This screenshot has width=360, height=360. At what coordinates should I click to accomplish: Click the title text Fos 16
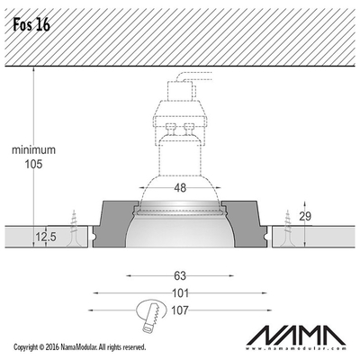point(31,25)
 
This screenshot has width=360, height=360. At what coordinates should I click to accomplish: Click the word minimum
point(33,149)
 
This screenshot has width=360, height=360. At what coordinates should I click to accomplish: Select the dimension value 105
point(33,164)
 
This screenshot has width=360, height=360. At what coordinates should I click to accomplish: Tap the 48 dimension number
point(180,188)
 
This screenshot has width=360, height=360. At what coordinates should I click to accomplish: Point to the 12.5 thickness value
point(46,237)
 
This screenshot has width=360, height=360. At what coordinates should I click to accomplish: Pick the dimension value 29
point(305,216)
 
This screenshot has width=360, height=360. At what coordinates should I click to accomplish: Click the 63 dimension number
point(180,275)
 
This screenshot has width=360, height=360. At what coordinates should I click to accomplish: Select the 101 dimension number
point(180,292)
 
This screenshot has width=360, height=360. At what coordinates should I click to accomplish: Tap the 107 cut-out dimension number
point(180,310)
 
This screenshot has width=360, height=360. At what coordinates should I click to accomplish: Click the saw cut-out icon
point(151,315)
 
